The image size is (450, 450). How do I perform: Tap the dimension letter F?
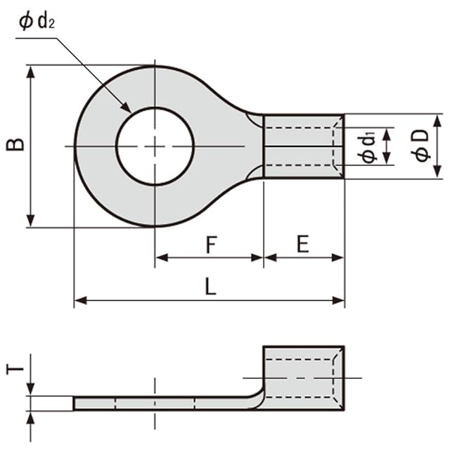[x=210, y=245]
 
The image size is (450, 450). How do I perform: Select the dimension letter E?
[x=303, y=244]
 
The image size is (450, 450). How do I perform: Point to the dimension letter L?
[x=210, y=287]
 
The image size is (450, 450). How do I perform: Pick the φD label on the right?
[x=421, y=146]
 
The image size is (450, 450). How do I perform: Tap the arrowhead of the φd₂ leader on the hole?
[x=127, y=108]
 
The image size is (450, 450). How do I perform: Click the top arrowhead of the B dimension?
[x=30, y=70]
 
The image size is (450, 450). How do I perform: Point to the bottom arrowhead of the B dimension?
[x=30, y=221]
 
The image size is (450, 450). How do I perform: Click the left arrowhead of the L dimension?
[x=79, y=301]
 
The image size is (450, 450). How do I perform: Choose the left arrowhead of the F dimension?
[x=160, y=258]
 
